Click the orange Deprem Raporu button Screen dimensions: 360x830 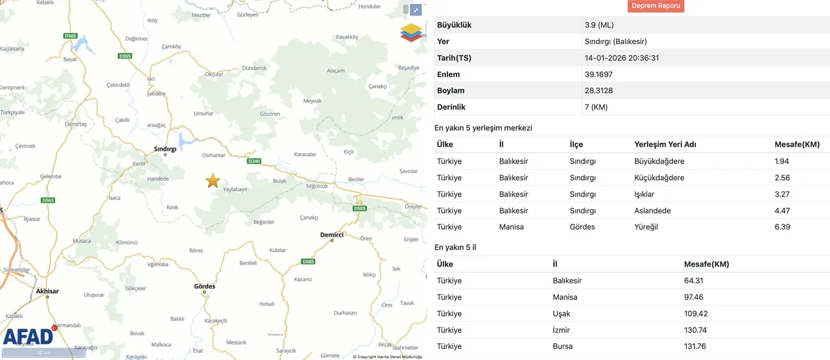click(x=656, y=6)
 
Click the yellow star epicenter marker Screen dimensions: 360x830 click(x=213, y=181)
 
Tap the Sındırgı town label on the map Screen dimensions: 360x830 click(x=165, y=149)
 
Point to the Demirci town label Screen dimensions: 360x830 click(x=331, y=235)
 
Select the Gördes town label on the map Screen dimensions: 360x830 click(x=204, y=286)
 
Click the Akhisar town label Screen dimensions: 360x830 click(x=47, y=291)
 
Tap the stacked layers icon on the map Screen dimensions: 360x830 click(x=410, y=32)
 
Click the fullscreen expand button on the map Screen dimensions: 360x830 click(x=416, y=10)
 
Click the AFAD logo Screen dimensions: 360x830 click(x=28, y=336)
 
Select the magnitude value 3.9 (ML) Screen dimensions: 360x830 click(x=599, y=25)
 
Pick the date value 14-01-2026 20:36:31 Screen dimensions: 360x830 click(x=621, y=58)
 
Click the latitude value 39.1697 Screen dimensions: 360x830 click(x=599, y=75)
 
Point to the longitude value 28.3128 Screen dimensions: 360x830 click(x=599, y=91)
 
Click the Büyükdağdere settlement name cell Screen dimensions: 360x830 click(x=659, y=162)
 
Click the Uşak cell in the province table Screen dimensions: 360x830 click(x=562, y=314)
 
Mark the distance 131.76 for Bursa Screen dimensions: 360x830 click(x=697, y=346)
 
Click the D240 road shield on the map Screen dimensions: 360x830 click(x=254, y=161)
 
